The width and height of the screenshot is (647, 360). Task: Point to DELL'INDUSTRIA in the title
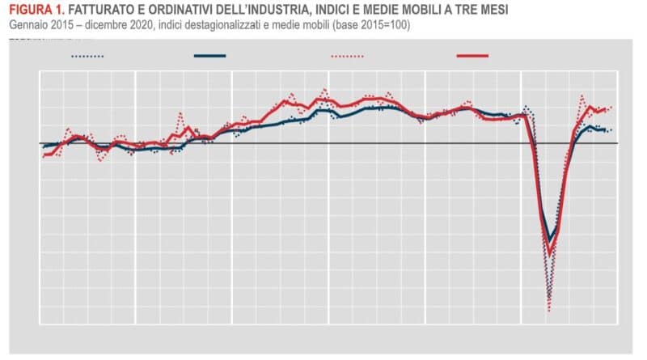tap(272, 11)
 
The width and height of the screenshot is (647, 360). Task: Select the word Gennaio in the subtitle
tap(30, 25)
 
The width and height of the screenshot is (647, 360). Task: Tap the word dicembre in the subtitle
tap(106, 25)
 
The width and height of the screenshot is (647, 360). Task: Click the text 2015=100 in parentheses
tap(389, 25)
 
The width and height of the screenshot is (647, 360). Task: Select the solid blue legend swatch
tap(209, 57)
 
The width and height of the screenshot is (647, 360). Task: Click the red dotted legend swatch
tap(348, 57)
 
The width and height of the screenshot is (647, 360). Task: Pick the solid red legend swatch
tap(472, 57)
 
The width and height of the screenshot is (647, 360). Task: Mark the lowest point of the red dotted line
tap(549, 310)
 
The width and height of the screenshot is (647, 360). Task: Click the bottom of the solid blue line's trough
tap(550, 239)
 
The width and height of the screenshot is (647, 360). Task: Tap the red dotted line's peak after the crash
tap(581, 96)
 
